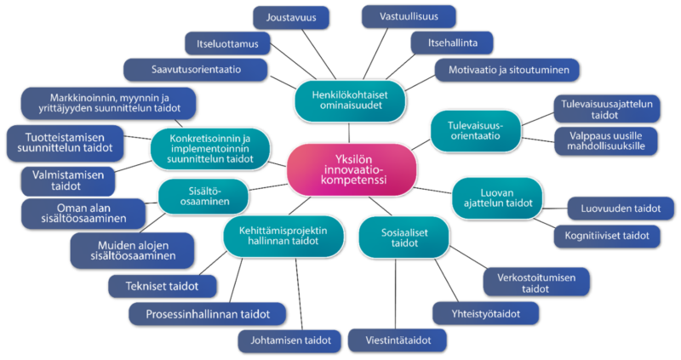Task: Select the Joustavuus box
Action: pos(292,16)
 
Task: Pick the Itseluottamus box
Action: pos(227,42)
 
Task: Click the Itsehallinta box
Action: pos(450,42)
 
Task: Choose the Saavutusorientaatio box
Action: pos(195,69)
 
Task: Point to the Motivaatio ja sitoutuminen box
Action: pos(507,69)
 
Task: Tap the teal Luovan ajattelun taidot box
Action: pos(497,197)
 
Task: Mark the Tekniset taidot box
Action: pos(163,287)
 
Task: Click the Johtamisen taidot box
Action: pos(290,340)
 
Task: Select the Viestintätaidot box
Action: pos(398,340)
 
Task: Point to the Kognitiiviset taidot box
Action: pos(606,236)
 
